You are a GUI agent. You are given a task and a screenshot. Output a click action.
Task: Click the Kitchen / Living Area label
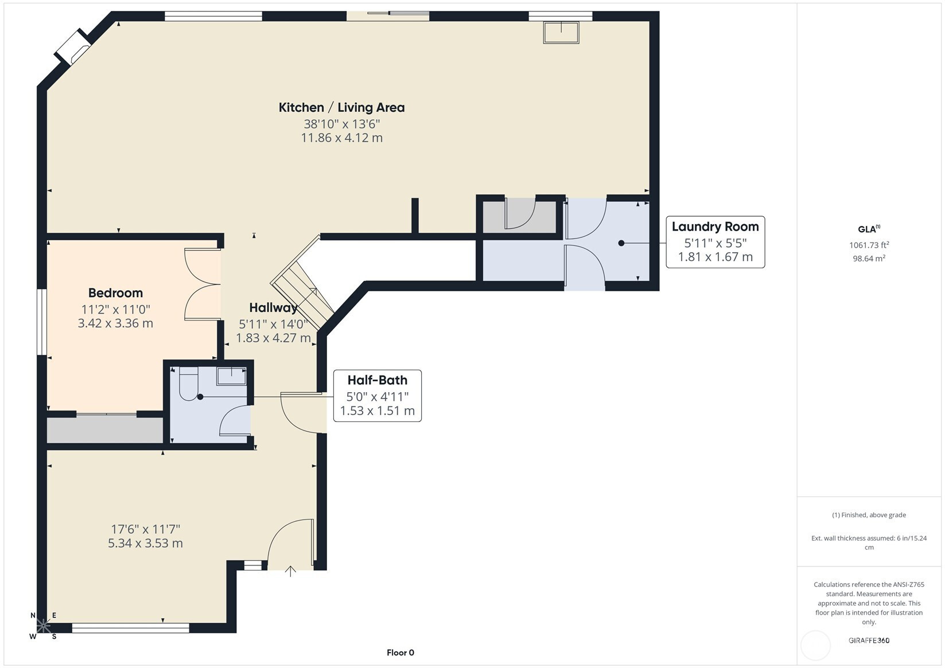coord(342,108)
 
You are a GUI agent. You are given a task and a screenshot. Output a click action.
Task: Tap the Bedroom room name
coord(115,292)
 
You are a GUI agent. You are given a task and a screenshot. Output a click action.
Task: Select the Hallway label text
coord(273,308)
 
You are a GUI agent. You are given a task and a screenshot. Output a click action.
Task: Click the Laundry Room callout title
coord(715,227)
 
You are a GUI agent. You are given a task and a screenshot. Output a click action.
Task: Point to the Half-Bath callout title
coord(377,380)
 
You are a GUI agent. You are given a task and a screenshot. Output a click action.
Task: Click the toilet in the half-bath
coord(189,384)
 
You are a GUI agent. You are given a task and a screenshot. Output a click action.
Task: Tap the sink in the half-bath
coord(231,376)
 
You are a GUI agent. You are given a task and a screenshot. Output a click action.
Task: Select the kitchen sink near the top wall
coord(561,33)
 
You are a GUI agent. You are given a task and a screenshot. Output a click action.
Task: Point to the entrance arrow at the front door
coord(290,571)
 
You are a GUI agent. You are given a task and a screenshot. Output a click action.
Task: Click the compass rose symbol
coord(43,626)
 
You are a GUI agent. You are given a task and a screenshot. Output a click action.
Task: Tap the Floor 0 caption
coord(400,653)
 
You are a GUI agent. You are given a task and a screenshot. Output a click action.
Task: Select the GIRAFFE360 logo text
coord(869,640)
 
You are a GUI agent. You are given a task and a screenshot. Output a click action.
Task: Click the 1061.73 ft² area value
coord(869,245)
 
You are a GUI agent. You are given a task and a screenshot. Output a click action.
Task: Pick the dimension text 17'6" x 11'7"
coord(146,529)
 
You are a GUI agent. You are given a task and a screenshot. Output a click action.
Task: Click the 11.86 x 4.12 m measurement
coord(342,138)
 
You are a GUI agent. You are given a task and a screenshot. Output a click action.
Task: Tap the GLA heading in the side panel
coord(869,229)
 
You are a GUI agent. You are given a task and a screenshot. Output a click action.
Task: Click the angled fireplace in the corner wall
coord(73,47)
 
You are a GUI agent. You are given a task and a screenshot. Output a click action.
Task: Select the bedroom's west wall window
coord(41,322)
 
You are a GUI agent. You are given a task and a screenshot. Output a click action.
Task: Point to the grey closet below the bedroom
coord(104,430)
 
